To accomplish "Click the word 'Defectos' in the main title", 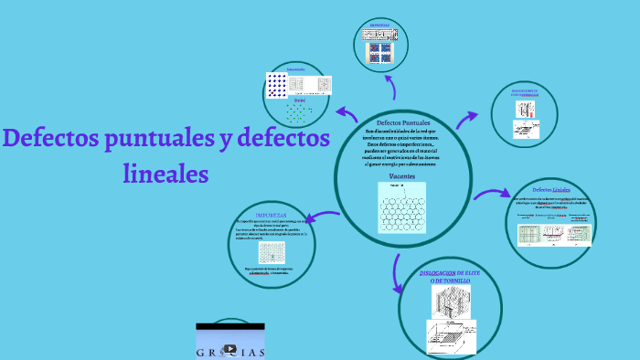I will (50, 140).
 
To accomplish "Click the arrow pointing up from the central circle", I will (392, 87).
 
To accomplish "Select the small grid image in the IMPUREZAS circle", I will (272, 251).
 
